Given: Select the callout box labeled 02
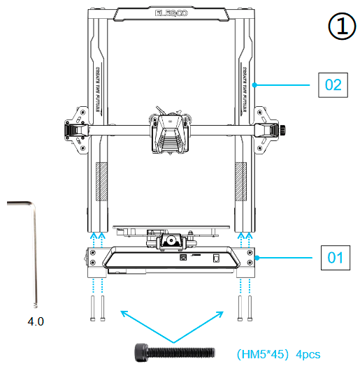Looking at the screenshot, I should [x=333, y=85].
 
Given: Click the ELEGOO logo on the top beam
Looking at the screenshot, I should [x=168, y=13].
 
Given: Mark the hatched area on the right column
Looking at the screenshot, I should [x=240, y=182].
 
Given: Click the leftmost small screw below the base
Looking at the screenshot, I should [x=92, y=307].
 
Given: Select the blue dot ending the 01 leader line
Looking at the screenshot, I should [x=257, y=258].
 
